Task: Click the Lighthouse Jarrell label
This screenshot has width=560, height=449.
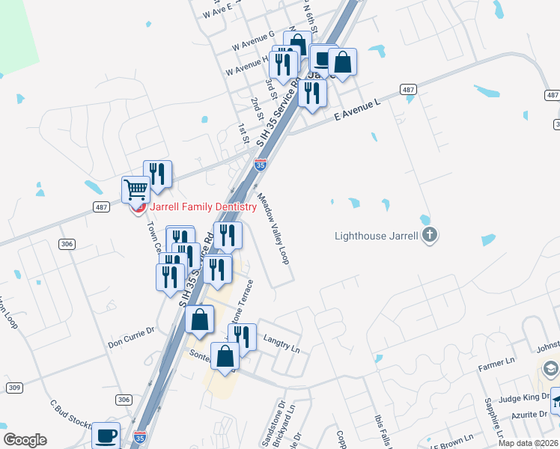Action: coord(377,236)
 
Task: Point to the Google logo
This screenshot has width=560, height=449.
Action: coord(25,440)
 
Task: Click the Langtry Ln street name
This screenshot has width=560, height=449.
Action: coord(281,343)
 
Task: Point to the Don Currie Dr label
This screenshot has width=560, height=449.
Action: coord(130,342)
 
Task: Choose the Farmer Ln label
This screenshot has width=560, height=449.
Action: coord(493,367)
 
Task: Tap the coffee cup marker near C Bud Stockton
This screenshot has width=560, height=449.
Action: coord(106,434)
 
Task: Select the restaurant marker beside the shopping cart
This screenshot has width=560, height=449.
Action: coord(157,174)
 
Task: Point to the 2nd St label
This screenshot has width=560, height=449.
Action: coord(256,109)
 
